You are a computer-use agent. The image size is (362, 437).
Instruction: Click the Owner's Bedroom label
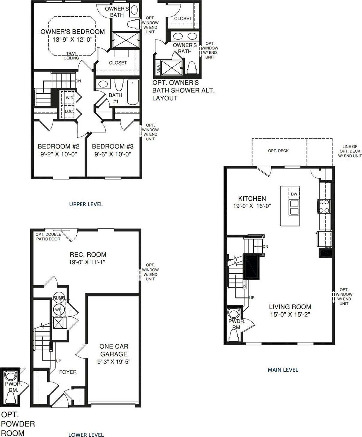tap(72, 31)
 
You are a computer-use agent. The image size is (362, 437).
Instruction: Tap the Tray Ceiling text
tap(71, 56)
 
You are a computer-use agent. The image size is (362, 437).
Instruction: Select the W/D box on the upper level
tap(69, 98)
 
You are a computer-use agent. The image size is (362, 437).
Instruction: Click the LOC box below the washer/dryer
tap(69, 111)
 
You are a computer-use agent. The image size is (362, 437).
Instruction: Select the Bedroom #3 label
tap(112, 146)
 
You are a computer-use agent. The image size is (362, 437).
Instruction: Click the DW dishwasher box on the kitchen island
tap(294, 194)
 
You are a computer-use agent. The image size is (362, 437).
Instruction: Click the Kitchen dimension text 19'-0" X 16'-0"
tap(252, 206)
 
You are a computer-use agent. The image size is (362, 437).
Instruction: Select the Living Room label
tap(290, 307)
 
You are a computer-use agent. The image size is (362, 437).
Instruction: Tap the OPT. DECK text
tap(278, 151)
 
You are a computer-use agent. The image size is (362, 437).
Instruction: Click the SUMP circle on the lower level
tap(58, 297)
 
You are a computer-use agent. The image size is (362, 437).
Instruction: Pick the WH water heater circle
tap(58, 309)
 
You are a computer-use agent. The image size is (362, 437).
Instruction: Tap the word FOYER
tap(68, 372)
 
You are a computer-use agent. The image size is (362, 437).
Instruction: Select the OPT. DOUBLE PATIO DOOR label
tap(48, 237)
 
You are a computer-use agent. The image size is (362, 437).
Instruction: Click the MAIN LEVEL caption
tap(283, 370)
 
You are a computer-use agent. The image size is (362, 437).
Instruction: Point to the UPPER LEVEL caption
tap(86, 204)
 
